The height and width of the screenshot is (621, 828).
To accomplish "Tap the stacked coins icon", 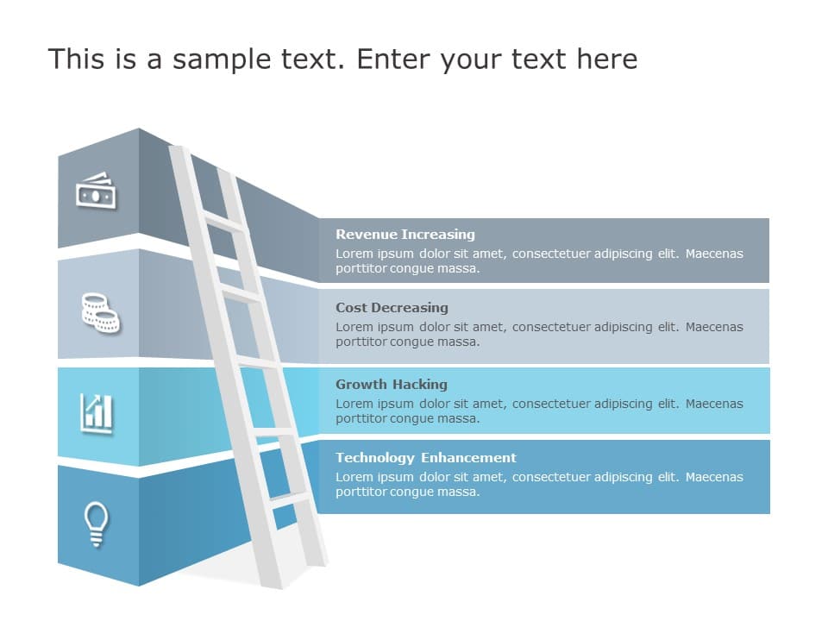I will [x=100, y=312].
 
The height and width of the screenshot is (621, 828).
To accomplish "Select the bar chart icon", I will [x=97, y=412].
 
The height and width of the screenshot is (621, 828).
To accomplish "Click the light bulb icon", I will [x=96, y=524].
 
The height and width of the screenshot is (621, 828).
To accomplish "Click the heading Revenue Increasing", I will [x=405, y=235].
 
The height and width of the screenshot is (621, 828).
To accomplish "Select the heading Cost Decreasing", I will [x=392, y=308].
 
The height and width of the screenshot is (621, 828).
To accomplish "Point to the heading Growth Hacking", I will [x=391, y=385].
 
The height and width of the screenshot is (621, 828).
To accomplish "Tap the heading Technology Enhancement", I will [x=425, y=458].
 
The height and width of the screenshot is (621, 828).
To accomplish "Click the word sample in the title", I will [x=212, y=60].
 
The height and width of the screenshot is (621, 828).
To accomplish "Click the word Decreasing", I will [x=416, y=308].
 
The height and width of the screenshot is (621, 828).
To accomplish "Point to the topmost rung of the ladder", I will [x=224, y=222].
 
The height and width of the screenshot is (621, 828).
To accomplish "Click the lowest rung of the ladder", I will [x=289, y=498].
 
